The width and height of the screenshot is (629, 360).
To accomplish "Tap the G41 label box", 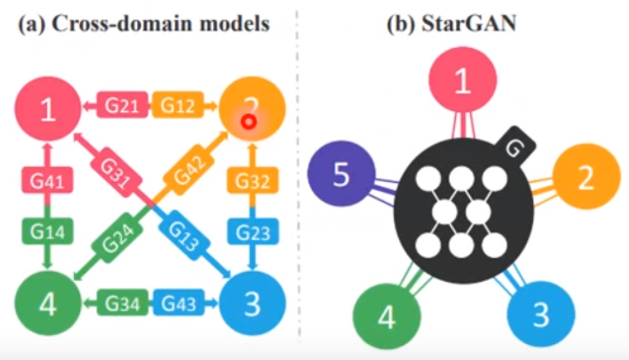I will [47, 182].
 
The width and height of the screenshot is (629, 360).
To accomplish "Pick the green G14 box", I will [47, 231].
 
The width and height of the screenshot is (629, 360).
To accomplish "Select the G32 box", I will [253, 182].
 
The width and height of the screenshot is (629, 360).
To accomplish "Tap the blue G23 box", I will [253, 231].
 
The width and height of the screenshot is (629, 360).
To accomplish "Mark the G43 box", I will [179, 303].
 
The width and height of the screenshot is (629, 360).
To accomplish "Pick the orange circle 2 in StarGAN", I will [586, 178].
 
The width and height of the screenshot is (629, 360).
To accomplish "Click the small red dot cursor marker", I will [246, 121].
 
